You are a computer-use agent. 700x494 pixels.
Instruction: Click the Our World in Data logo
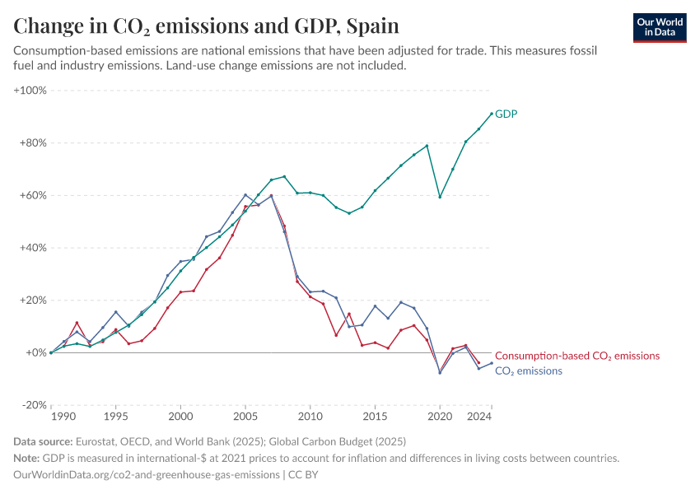point(660,28)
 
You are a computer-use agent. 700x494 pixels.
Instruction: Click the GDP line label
point(506,114)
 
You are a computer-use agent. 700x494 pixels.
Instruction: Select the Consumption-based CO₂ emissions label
point(577,356)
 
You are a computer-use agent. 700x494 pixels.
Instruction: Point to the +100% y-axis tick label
point(30,90)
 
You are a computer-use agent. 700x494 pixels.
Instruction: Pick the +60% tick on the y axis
point(33,195)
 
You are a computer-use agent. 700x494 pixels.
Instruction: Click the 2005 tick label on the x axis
point(245,417)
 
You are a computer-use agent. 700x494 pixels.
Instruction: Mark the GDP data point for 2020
point(440,197)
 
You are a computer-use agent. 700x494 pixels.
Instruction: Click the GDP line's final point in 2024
point(492,114)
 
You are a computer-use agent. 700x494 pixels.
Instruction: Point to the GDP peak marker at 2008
point(284,176)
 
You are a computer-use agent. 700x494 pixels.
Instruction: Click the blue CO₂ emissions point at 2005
point(245,195)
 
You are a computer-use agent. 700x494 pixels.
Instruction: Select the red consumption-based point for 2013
point(349,314)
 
